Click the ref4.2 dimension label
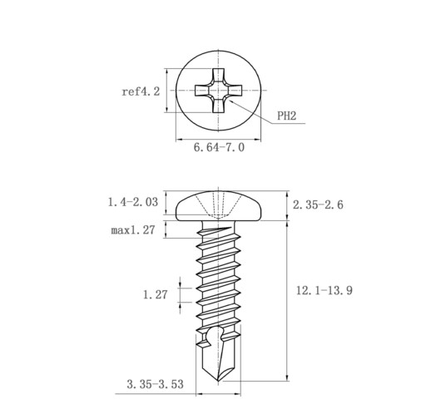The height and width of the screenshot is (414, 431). [x=141, y=91]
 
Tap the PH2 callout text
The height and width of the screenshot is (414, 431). [x=287, y=116]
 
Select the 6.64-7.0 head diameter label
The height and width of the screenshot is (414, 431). [x=219, y=147]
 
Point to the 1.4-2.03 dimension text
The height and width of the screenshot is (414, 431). [x=133, y=202]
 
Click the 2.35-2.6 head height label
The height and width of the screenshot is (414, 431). [x=318, y=205]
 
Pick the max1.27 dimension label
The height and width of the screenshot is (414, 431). [x=133, y=230]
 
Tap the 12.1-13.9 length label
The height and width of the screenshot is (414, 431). [x=324, y=290]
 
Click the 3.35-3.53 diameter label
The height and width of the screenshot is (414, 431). [x=155, y=384]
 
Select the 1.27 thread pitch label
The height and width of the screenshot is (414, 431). [x=156, y=294]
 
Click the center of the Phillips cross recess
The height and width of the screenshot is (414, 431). [x=218, y=91]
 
